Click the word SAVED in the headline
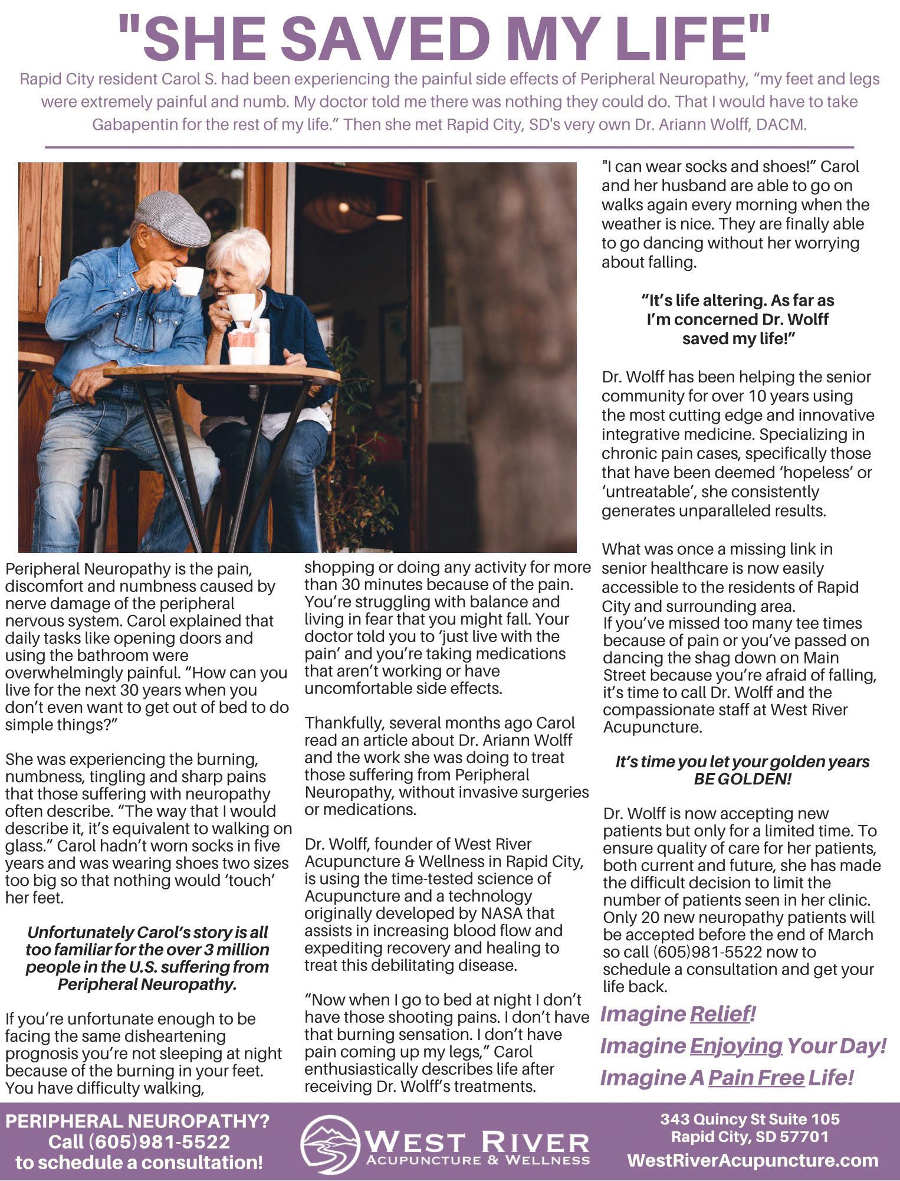pos(387,38)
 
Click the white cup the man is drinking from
pos(188,280)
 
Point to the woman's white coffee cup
pos(241,307)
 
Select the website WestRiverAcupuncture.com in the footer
pos(753,1160)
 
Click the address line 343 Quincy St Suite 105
pos(750,1118)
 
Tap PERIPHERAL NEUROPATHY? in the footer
pos(137,1120)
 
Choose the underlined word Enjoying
pos(735,1046)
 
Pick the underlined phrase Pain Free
pos(756,1078)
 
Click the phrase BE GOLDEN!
pos(743,778)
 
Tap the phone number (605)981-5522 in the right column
pos(707,952)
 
